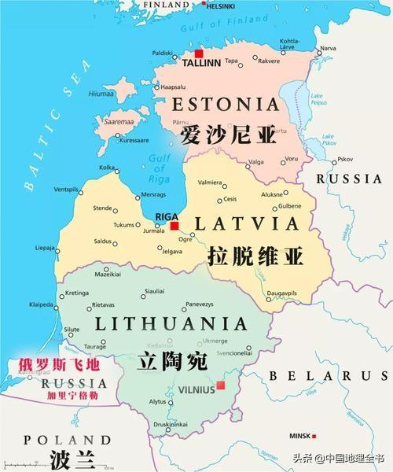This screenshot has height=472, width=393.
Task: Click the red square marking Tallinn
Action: point(199,54)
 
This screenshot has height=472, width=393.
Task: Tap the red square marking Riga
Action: point(174,226)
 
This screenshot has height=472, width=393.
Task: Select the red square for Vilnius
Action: point(222,385)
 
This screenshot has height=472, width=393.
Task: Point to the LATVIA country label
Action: point(246,223)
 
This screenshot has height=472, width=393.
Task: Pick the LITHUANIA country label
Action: point(171,323)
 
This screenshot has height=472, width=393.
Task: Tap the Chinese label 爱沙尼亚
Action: point(228,135)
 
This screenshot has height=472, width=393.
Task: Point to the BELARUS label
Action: point(318,376)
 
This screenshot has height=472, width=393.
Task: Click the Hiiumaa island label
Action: point(101,93)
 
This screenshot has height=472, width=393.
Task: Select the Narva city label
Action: point(328,48)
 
